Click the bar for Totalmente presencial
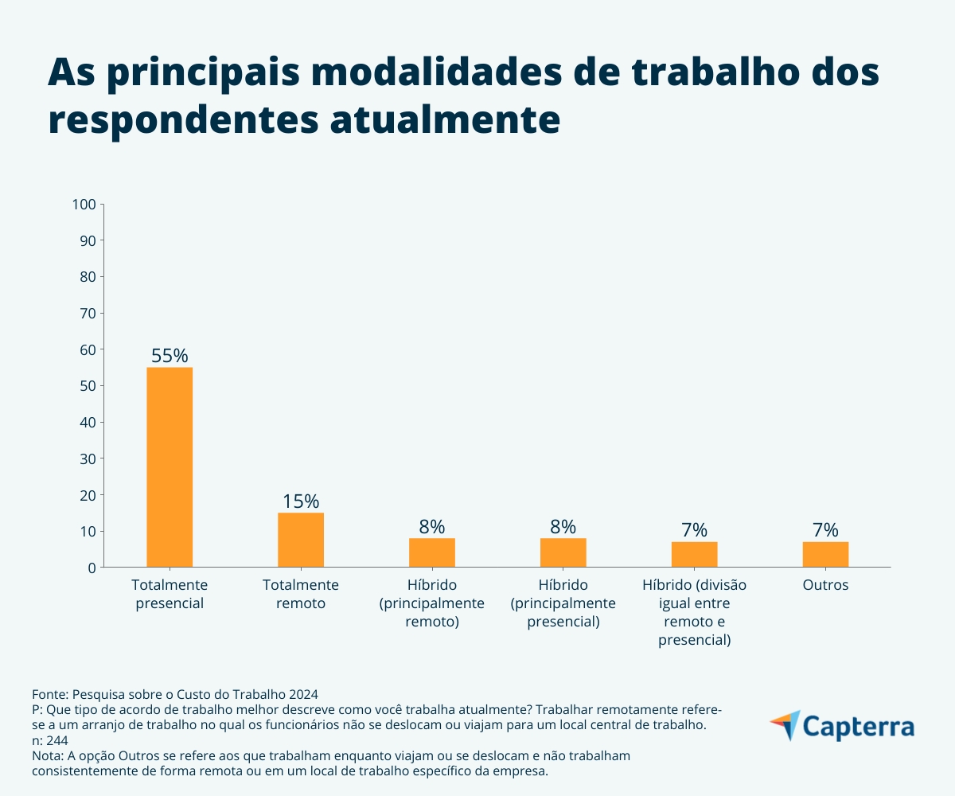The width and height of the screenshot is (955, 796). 170,467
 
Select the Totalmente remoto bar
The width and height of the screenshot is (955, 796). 301,540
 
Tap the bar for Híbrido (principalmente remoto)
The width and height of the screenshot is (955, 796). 432,552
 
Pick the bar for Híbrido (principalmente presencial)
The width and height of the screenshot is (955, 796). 563,552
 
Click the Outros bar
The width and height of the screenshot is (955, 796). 825,554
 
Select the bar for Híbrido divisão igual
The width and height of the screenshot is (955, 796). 694,554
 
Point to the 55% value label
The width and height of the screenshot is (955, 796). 170,356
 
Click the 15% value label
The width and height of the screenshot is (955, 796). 301,501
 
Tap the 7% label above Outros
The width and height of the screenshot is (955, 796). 825,530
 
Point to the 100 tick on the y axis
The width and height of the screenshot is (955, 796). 84,205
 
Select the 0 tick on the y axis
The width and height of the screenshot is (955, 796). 92,568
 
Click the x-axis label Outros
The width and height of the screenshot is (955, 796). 825,585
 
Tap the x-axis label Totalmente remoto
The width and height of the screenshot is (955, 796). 301,594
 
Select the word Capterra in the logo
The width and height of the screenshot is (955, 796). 859,728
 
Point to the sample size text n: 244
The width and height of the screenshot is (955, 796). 49,739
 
